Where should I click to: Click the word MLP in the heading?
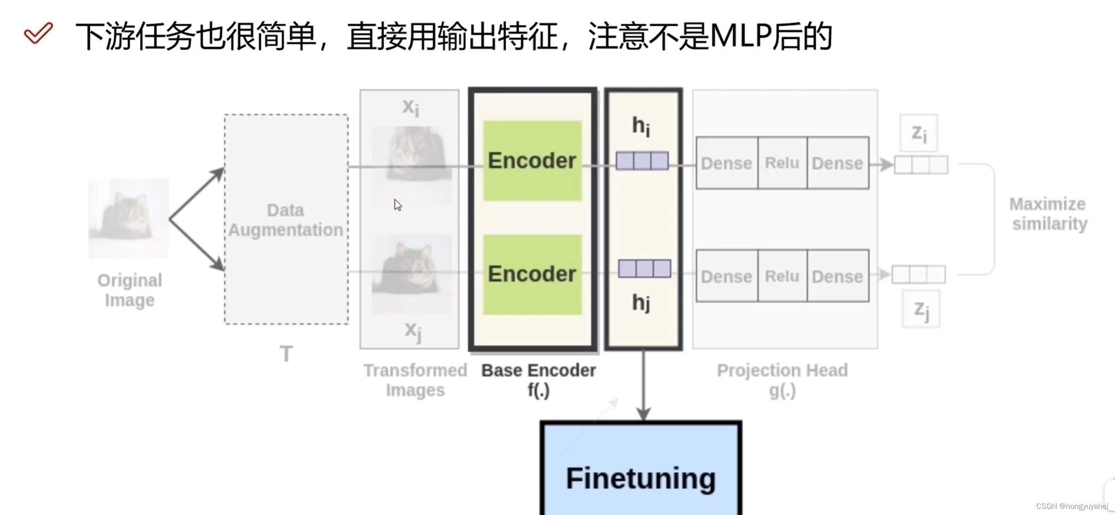[741, 36]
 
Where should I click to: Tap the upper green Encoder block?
[532, 161]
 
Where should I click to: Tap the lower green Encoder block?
[532, 274]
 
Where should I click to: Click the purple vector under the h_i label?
[642, 161]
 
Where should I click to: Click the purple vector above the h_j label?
[644, 268]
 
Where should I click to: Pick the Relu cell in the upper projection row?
[782, 163]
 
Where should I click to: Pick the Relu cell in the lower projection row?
[782, 276]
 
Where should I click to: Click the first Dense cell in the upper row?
[727, 163]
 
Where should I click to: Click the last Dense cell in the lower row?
[838, 276]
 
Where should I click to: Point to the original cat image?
[129, 218]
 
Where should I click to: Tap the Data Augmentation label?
[286, 220]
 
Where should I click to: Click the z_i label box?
[918, 133]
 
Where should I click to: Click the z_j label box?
[921, 309]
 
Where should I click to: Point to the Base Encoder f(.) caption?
[539, 380]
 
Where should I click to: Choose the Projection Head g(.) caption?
[782, 380]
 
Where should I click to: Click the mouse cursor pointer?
[398, 205]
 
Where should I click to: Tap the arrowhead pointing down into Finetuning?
[643, 414]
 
